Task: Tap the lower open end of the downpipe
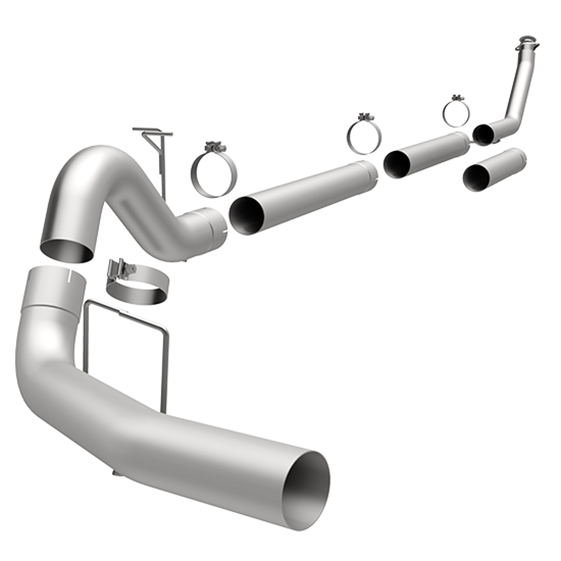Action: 484,135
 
